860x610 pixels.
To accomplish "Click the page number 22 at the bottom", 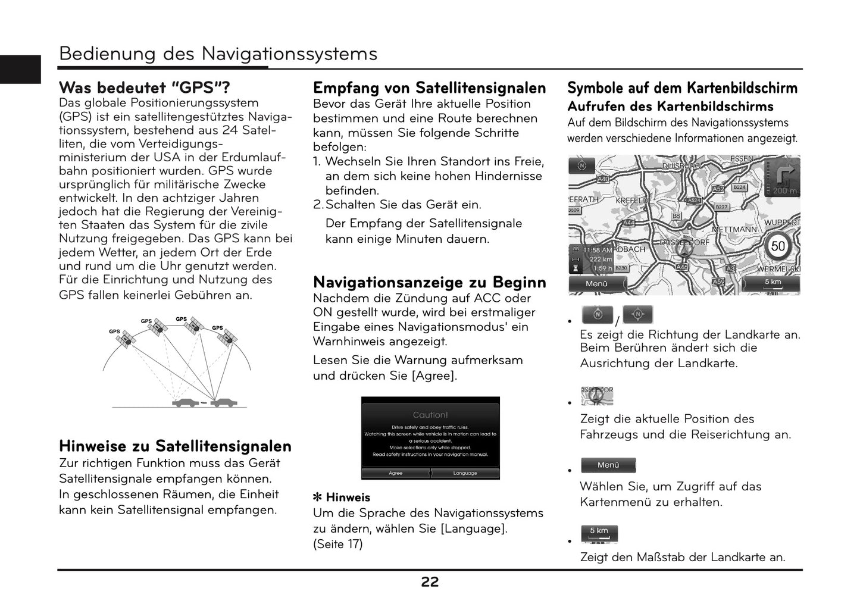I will click(430, 583).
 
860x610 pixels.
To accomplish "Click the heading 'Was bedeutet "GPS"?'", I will click(144, 88).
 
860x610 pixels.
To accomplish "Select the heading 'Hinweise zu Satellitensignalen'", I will click(175, 446).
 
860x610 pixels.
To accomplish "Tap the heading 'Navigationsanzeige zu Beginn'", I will click(429, 282).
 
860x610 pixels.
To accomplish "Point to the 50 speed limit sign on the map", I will click(778, 246).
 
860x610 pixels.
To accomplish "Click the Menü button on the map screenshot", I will click(596, 284).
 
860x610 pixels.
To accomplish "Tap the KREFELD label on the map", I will click(631, 201).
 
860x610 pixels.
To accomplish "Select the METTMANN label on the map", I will click(734, 229).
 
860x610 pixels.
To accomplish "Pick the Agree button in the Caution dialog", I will click(395, 473).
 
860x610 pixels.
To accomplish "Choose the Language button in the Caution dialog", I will click(465, 473).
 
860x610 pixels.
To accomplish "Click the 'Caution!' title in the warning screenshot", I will click(430, 415).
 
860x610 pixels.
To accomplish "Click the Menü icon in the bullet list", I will click(608, 465).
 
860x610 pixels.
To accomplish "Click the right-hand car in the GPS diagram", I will click(223, 403).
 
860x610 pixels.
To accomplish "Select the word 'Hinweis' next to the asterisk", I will click(348, 498).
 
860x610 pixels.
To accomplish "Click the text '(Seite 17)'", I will click(337, 544).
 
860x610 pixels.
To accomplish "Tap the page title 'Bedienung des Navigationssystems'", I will click(218, 54).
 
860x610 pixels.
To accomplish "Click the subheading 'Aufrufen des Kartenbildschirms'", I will click(670, 107).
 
